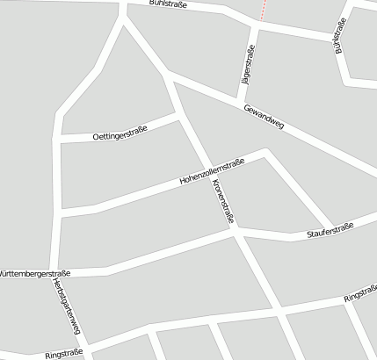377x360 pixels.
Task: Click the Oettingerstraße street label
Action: (120, 133)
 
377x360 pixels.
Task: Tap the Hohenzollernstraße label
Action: (211, 171)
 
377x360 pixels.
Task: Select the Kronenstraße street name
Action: (222, 202)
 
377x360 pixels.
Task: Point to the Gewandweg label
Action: (265, 117)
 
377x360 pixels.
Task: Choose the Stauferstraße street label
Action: (329, 232)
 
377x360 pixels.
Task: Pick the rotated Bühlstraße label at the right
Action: (342, 38)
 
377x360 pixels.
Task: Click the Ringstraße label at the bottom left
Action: (63, 353)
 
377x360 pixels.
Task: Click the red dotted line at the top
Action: (262, 9)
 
